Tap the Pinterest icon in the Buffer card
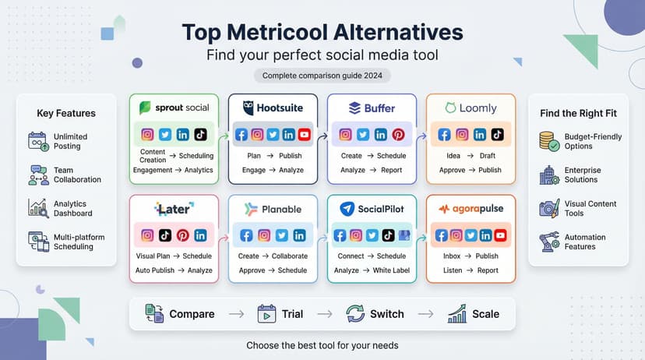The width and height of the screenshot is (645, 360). (x=398, y=135)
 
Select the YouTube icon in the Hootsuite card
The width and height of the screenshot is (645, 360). (x=304, y=135)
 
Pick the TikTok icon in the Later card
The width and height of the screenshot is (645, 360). (x=165, y=235)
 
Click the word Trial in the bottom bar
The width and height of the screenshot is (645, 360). (x=292, y=314)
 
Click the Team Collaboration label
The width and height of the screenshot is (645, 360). (x=77, y=175)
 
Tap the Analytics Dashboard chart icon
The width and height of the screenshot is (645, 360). (x=37, y=208)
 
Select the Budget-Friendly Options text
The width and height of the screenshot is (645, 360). (x=593, y=142)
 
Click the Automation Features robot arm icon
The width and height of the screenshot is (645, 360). (x=550, y=242)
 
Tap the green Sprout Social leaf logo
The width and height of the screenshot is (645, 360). (x=145, y=108)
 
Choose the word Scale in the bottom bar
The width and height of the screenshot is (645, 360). (x=485, y=314)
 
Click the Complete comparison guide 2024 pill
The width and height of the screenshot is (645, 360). (x=322, y=76)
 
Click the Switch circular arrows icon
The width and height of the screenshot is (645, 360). (x=355, y=314)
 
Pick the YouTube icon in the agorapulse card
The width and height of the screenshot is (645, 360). (x=501, y=235)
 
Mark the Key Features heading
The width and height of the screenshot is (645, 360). (x=66, y=113)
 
